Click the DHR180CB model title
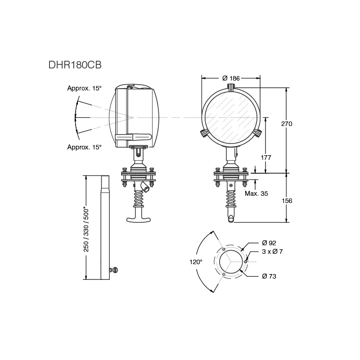click(75, 65)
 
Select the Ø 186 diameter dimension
click(231, 78)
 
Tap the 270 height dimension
click(287, 124)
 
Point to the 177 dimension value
click(266, 157)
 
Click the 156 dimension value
click(287, 201)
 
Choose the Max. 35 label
click(256, 193)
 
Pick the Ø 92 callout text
click(269, 243)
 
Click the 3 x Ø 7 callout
click(272, 252)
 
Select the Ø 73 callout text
click(269, 276)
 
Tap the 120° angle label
click(196, 262)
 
